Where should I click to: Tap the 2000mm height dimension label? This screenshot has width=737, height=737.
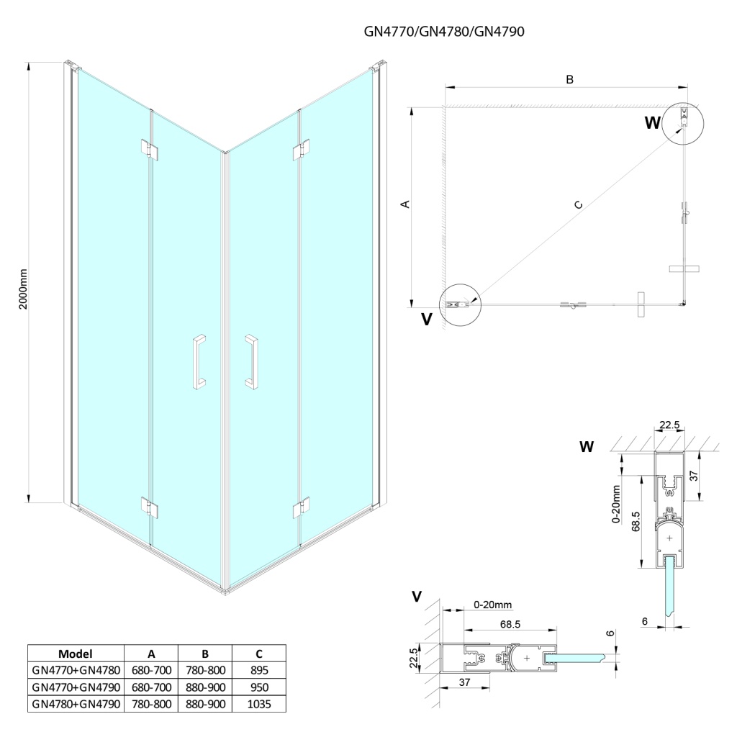tap(23, 289)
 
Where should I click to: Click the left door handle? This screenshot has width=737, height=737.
tap(198, 361)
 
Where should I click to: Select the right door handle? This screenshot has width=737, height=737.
tap(251, 361)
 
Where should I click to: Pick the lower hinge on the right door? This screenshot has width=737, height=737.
tap(301, 507)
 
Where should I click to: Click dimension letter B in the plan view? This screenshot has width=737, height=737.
tap(569, 80)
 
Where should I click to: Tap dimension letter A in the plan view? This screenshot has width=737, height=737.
tap(405, 204)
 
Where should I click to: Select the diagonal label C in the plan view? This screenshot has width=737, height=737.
tap(578, 206)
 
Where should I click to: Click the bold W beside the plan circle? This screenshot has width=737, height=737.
tap(652, 123)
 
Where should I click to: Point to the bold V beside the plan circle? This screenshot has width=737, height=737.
tap(427, 320)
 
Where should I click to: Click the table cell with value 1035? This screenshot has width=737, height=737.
tap(258, 702)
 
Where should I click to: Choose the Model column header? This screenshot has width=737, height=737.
tap(76, 654)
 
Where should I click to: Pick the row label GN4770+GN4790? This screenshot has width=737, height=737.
tap(76, 686)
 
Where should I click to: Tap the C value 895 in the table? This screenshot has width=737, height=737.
tap(258, 670)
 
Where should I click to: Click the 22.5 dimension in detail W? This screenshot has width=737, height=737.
tap(669, 425)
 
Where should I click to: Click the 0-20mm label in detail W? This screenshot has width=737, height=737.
tap(617, 503)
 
